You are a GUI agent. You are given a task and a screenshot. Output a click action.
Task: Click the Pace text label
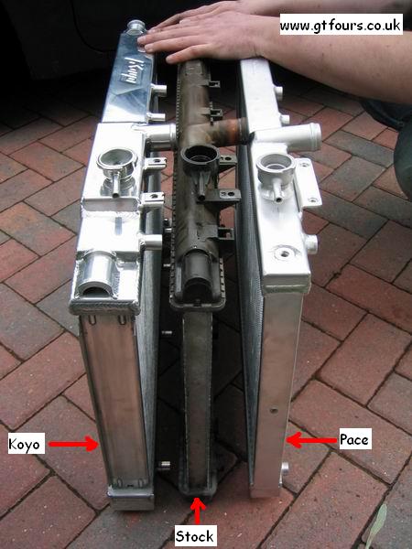pyautogui.click(x=354, y=438)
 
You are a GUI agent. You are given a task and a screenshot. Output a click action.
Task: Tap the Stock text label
pyautogui.click(x=195, y=536)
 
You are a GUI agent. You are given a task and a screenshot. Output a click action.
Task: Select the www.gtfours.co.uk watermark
pyautogui.click(x=341, y=24)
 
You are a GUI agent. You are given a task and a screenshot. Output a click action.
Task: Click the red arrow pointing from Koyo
pyautogui.click(x=73, y=444)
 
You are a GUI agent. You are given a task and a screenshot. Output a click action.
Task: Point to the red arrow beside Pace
pyautogui.click(x=312, y=440)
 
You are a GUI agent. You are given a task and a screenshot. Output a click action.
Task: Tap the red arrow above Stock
pyautogui.click(x=198, y=511)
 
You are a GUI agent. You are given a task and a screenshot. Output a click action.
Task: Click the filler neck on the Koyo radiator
pyautogui.click(x=117, y=165)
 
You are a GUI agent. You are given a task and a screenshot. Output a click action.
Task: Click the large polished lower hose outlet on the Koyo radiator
pyautogui.click(x=95, y=273)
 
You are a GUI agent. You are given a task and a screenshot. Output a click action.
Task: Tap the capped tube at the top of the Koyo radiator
pyautogui.click(x=136, y=27)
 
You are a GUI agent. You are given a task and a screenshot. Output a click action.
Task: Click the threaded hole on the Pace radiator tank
pyautogui.click(x=284, y=253)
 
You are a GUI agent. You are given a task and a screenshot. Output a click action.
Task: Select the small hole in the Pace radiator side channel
pyautogui.click(x=275, y=410)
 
